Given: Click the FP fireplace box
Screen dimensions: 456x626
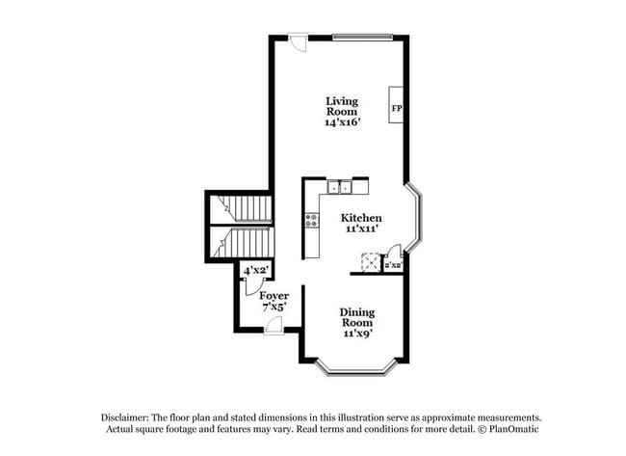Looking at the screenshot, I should pyautogui.click(x=396, y=105).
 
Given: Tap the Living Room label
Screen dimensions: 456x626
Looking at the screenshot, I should pyautogui.click(x=341, y=106).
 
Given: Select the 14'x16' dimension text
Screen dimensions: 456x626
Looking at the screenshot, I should pyautogui.click(x=341, y=122).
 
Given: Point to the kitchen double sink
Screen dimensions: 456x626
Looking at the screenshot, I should pyautogui.click(x=339, y=187).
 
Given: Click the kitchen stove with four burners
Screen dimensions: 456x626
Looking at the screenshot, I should pyautogui.click(x=312, y=221).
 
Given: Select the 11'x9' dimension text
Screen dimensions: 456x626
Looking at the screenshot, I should pyautogui.click(x=357, y=334).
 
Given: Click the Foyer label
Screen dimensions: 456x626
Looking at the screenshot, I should pyautogui.click(x=274, y=295).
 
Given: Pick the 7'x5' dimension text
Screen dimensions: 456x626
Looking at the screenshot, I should pyautogui.click(x=274, y=307).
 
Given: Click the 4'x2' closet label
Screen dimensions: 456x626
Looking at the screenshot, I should pyautogui.click(x=254, y=273).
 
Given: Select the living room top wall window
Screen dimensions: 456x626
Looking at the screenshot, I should pyautogui.click(x=363, y=37).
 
